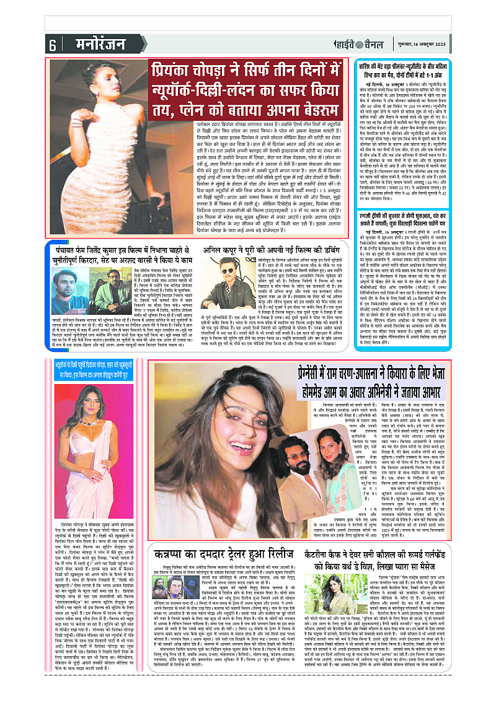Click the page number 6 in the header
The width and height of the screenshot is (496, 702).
[52, 45]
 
